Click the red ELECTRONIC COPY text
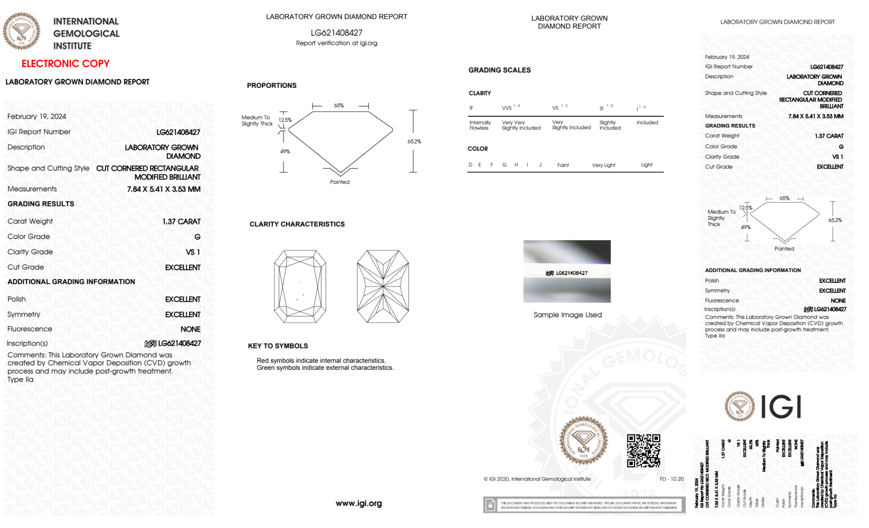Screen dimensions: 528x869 [x=66, y=63]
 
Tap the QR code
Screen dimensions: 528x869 [x=643, y=451]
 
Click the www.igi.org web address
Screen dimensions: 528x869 [x=359, y=503]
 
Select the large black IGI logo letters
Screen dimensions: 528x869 [x=781, y=407]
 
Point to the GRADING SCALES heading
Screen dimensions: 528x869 [x=499, y=70]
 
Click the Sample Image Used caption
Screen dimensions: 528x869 [x=568, y=315]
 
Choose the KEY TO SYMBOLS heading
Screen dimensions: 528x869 [x=278, y=346]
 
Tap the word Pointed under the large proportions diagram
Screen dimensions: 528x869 [x=340, y=182]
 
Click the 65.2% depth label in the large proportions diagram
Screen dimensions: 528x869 [x=414, y=142]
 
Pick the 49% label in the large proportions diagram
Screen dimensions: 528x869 [x=285, y=151]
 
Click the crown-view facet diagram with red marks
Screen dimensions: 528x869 [x=300, y=286]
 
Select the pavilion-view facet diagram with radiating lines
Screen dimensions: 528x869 [x=383, y=286]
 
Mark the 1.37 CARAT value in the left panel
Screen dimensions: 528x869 [x=182, y=222]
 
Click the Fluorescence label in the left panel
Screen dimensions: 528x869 [x=30, y=329]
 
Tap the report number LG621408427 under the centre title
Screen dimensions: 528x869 [x=337, y=33]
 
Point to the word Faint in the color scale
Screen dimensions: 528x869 [x=563, y=165]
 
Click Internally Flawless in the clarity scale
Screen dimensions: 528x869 [x=480, y=125]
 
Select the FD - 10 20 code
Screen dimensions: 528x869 [x=671, y=479]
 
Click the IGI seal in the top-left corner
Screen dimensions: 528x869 [x=21, y=31]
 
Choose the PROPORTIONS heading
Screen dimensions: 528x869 [x=272, y=86]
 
